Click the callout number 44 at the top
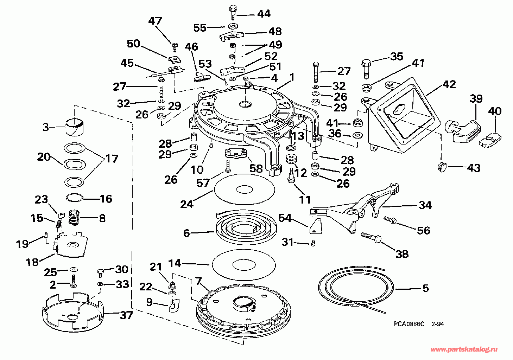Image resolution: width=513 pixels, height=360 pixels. pos(264,14)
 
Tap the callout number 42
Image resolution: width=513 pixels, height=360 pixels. pos(450,84)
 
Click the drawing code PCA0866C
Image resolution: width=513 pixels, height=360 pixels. pos(408,324)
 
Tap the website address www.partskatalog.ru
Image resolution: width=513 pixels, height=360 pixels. pos(464,349)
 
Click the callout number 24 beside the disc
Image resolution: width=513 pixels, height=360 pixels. pos(187,204)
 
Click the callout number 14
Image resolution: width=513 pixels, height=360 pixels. pos(175,263)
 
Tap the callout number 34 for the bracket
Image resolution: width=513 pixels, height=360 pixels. pos(425,205)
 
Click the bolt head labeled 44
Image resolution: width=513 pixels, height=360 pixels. pos(233,8)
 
